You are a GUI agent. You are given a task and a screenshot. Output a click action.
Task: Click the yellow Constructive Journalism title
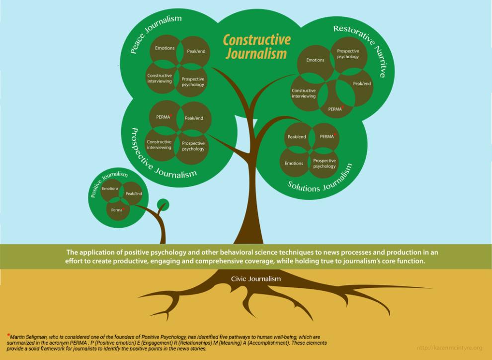[256, 46]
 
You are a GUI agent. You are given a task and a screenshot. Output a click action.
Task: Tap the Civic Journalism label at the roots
[255, 279]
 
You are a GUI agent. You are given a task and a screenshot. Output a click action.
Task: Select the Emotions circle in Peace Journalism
[164, 49]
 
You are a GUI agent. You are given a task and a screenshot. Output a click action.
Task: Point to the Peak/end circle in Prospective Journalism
[193, 118]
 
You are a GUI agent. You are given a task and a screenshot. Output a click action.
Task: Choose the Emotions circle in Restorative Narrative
[315, 60]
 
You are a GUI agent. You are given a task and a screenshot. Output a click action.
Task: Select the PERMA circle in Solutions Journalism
[327, 136]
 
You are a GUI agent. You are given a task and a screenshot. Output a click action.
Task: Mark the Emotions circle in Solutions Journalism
[294, 163]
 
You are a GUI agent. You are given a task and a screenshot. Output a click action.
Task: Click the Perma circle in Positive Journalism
[117, 210]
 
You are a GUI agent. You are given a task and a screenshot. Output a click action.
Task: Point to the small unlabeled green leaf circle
[162, 204]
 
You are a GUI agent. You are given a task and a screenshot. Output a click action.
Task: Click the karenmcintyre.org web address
[449, 348]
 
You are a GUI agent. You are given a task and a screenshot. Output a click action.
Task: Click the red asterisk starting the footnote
[8, 335]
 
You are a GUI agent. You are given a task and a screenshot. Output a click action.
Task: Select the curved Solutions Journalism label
[321, 180]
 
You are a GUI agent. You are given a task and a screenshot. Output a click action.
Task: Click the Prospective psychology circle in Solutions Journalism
[325, 163]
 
